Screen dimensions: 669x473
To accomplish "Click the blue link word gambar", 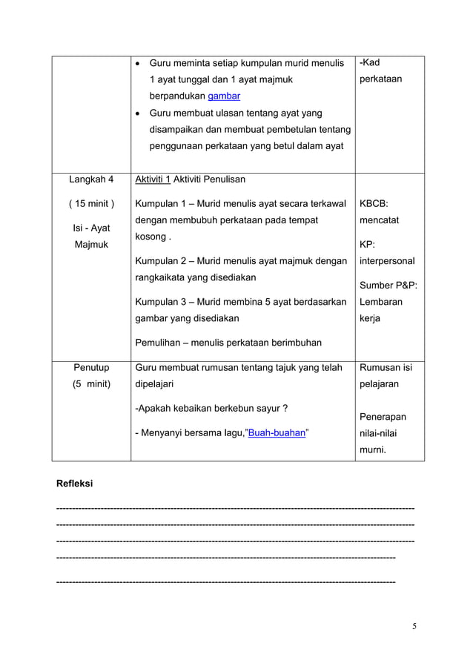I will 224,96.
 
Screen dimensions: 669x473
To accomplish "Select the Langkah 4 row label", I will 91,179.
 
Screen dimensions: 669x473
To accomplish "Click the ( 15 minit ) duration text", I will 91,203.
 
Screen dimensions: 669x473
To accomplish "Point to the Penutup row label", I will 91,367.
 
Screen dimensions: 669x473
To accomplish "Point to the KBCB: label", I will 374,203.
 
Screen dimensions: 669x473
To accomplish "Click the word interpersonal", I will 387,261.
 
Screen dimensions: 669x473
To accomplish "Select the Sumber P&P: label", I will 388,286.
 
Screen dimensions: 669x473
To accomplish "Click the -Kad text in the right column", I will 370,62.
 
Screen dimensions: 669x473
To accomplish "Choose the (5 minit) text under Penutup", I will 91,384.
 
